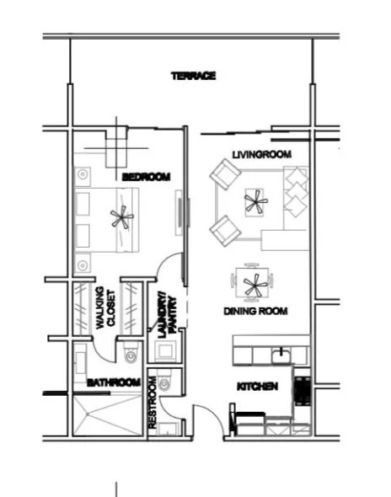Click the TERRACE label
point(194,76)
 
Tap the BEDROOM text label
point(146,177)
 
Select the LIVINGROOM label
point(262,154)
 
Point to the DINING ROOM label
point(255,311)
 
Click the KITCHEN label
point(258,387)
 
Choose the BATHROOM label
point(114,382)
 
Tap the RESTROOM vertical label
point(153,403)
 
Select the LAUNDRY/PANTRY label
point(167,317)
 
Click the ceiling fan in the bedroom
point(122,217)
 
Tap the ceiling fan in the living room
point(255,201)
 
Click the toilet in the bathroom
point(131,352)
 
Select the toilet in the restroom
point(164,381)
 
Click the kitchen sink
point(281,355)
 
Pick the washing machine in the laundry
point(165,351)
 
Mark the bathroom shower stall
point(107,414)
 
